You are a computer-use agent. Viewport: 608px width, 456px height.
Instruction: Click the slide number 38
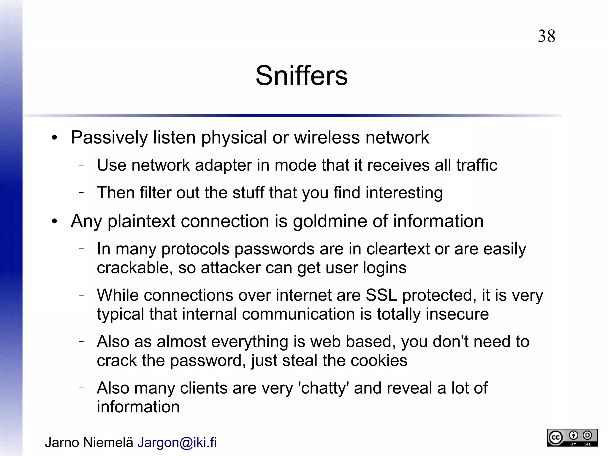(546, 36)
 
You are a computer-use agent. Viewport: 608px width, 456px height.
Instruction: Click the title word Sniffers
(301, 76)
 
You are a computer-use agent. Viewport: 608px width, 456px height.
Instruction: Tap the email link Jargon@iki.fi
(177, 442)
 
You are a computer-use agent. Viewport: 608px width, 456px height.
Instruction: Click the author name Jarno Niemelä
(89, 442)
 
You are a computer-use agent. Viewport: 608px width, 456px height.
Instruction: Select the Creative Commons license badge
(572, 438)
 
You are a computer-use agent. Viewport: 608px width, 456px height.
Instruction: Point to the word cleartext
(398, 249)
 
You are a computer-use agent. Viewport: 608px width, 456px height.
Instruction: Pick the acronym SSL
(381, 295)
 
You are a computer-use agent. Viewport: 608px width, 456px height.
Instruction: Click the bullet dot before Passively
(54, 138)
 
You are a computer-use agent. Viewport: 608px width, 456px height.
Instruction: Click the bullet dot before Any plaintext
(54, 222)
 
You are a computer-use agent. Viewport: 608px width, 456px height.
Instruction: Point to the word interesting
(404, 193)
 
